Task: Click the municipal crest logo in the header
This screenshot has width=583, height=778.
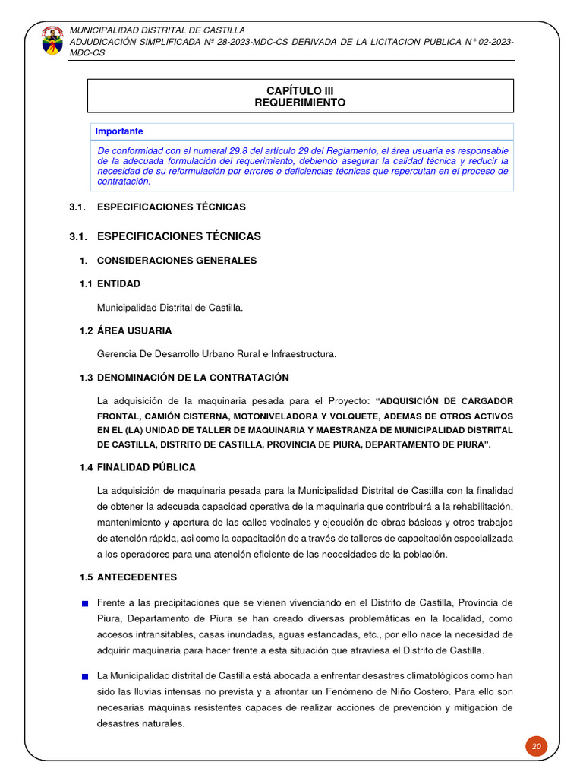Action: point(52,40)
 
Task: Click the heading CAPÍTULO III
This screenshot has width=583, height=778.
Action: point(301,90)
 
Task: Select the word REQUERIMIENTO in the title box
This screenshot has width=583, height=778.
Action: point(301,103)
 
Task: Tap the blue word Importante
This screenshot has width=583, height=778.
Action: point(119,131)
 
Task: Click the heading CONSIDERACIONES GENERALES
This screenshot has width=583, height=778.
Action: point(177,261)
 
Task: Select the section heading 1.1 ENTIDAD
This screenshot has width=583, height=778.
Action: point(110,283)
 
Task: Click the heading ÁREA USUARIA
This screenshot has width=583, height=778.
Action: point(134,330)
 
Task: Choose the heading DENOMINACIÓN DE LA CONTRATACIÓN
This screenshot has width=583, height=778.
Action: point(193,378)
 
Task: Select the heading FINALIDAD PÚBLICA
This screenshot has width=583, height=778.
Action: point(147,467)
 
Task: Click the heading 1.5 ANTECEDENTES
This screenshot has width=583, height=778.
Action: point(128,577)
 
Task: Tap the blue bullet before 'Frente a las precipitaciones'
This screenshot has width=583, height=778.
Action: point(86,603)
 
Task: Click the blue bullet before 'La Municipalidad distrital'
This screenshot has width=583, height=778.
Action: point(86,675)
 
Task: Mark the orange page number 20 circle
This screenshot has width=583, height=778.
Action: point(536,746)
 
